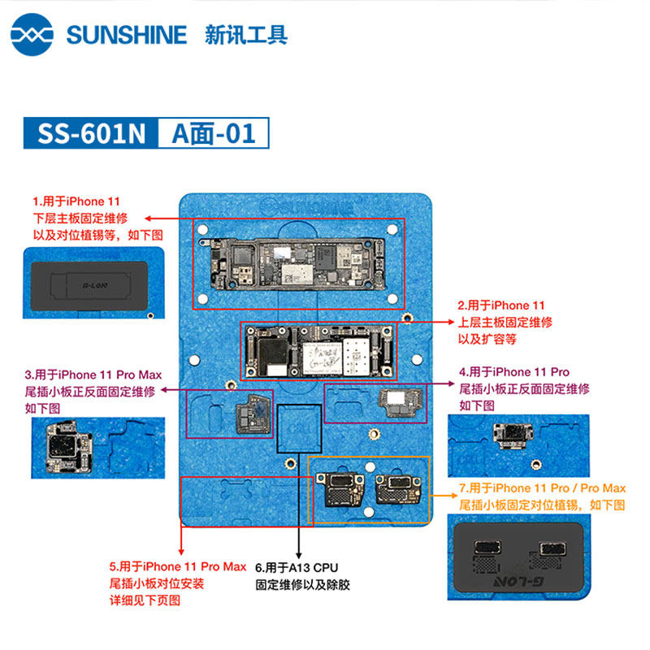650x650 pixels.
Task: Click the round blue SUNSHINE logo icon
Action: point(32,34)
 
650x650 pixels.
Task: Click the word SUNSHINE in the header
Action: point(127,35)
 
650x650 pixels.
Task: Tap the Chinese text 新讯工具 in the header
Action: point(246,35)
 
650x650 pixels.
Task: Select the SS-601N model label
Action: point(91,133)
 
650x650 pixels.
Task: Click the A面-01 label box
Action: point(214,133)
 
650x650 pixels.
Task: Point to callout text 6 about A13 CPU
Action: point(302,576)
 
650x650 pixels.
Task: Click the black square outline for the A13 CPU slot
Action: point(277,428)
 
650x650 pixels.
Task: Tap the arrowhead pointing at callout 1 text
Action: point(148,219)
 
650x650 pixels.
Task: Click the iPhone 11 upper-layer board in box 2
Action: point(318,352)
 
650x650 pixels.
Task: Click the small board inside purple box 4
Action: point(401,402)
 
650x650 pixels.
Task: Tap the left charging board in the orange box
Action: point(340,490)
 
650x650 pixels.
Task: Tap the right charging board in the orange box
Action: point(398,489)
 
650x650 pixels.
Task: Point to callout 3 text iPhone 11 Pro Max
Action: point(110,375)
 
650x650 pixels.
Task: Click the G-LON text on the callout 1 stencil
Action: point(95,285)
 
